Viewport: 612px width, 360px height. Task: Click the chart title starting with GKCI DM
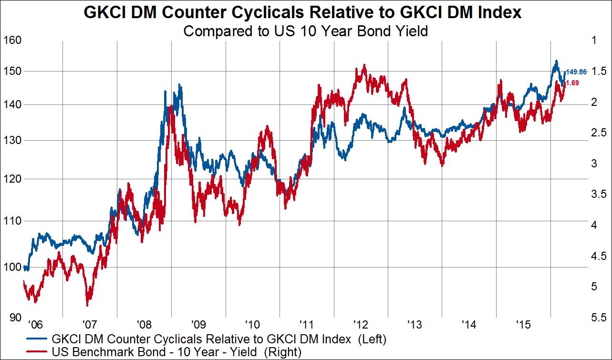coord(302,13)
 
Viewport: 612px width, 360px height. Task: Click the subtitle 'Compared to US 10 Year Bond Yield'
coord(305,31)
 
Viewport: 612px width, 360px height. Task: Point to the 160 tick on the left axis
coord(12,40)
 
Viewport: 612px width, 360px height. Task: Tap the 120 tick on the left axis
coord(12,179)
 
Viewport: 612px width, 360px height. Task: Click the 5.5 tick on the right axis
coord(598,318)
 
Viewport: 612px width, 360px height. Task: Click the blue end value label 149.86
coord(576,72)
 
